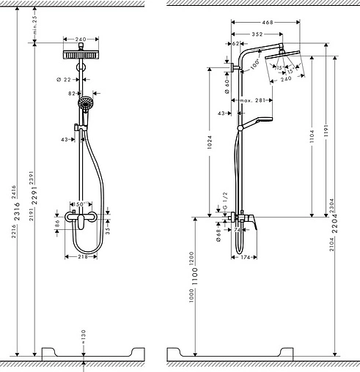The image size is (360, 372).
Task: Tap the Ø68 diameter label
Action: tap(218, 235)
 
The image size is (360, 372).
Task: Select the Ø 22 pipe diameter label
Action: tap(62, 79)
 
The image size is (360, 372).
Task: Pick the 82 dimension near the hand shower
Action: tap(72, 94)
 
